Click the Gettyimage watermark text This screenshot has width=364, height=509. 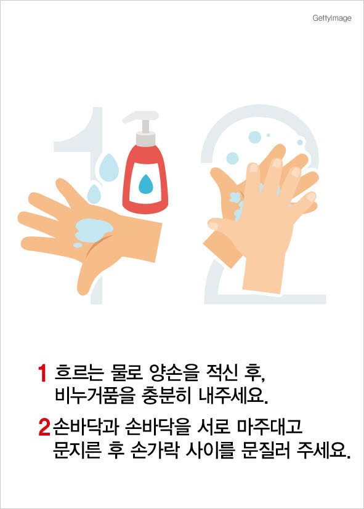[x=332, y=18]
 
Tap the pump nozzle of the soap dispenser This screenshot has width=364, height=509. [x=140, y=117]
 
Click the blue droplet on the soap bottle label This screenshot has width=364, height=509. [x=145, y=184]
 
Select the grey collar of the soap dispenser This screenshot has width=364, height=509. [x=145, y=138]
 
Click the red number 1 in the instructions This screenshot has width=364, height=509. [x=42, y=374]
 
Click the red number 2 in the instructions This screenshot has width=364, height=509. [x=44, y=427]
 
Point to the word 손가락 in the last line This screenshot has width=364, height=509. [x=155, y=451]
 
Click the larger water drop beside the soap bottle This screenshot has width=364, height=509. [x=109, y=167]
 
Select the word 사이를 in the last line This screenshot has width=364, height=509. [x=211, y=451]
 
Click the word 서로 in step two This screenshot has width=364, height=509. [x=214, y=427]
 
